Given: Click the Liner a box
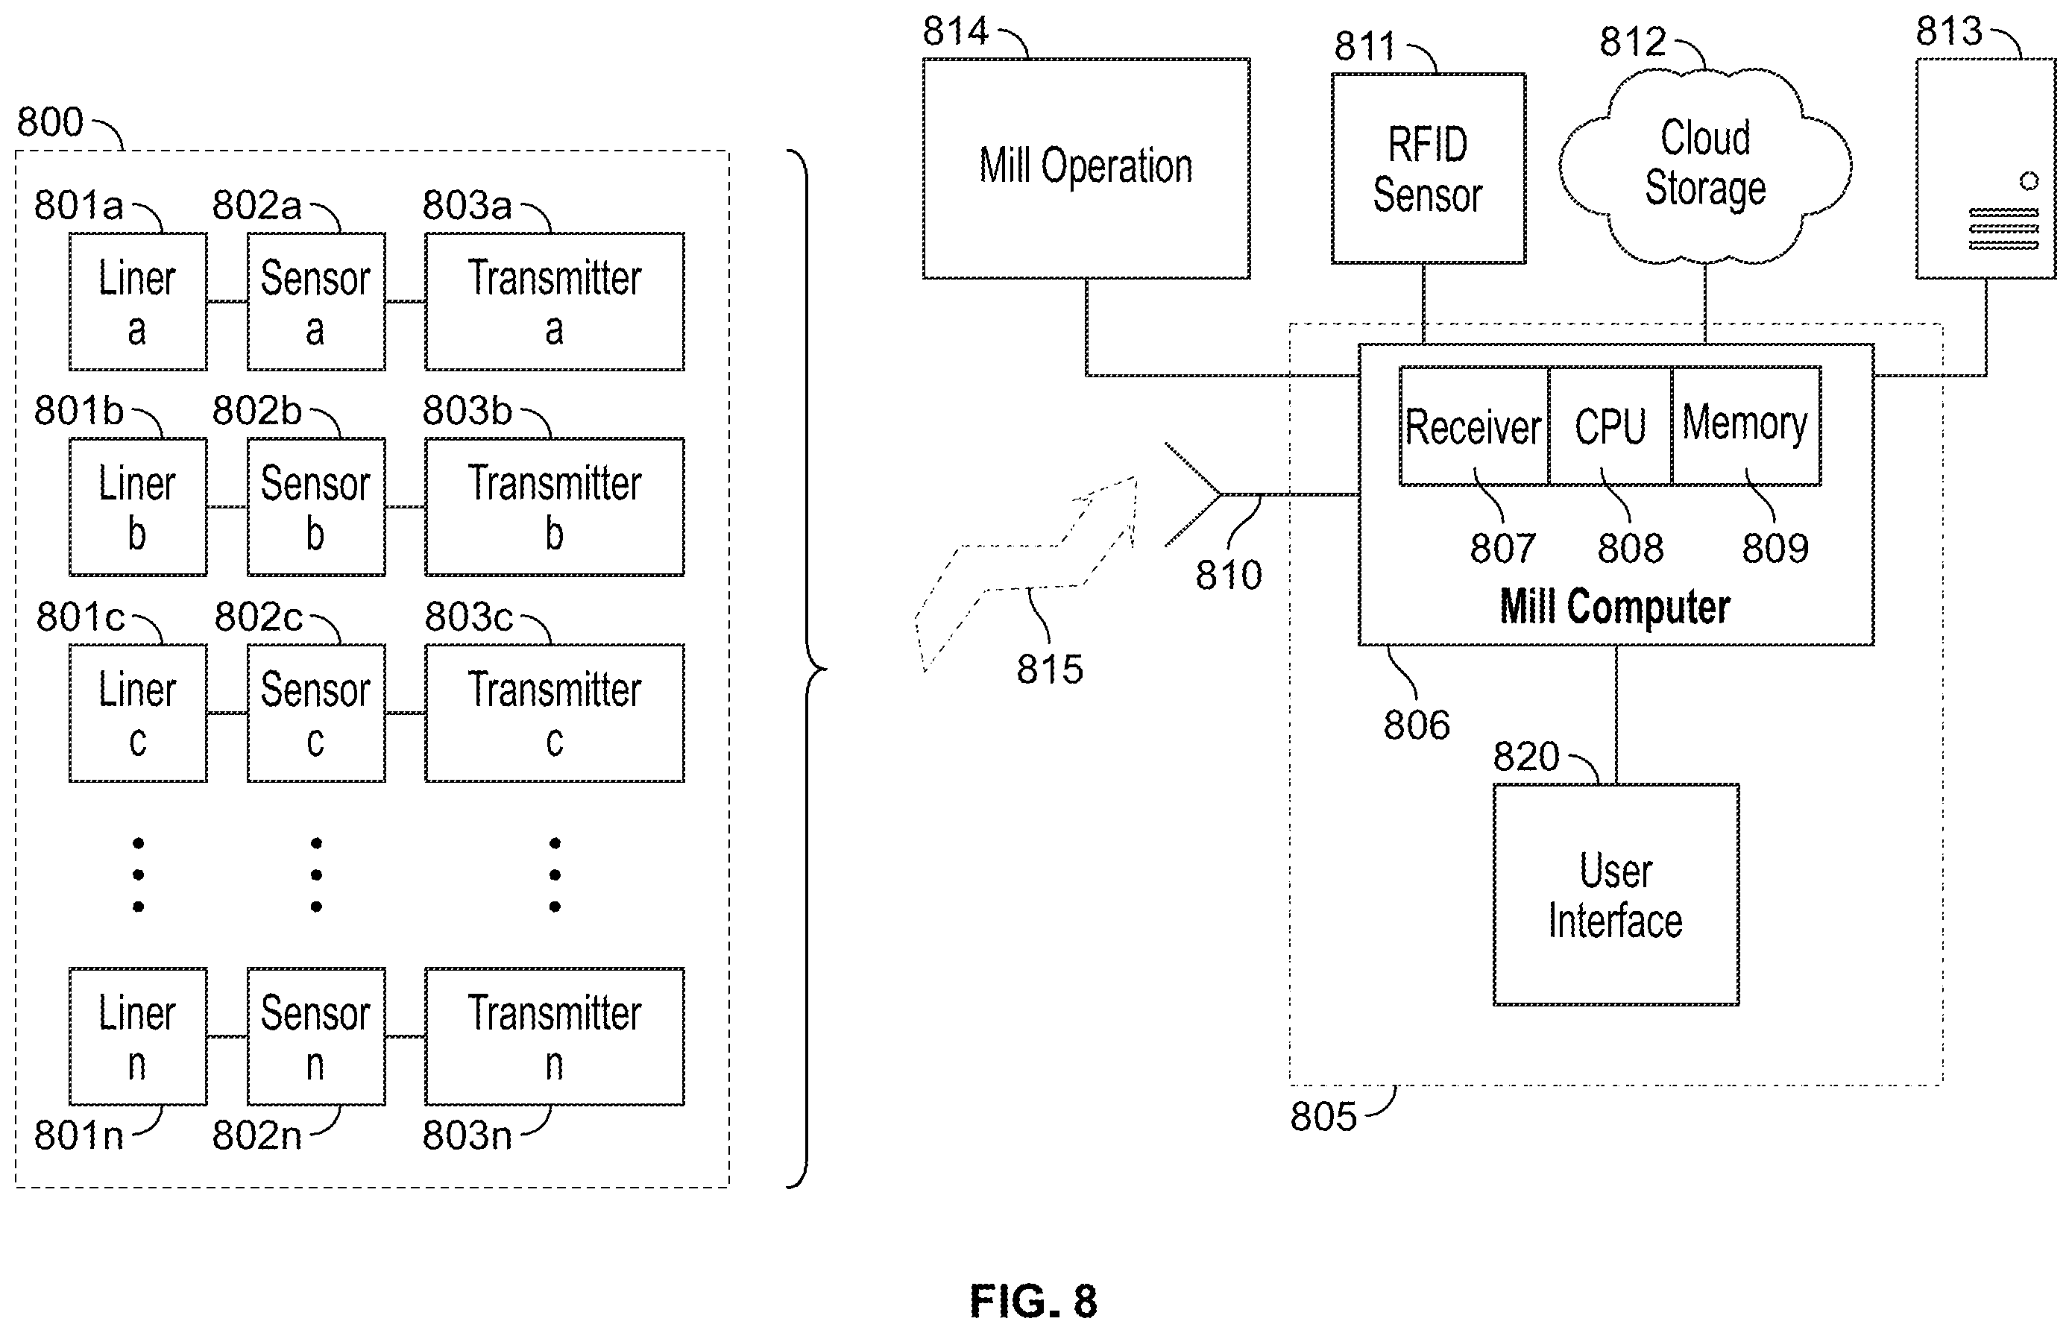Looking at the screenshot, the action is coord(138,301).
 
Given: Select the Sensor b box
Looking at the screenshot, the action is coord(316,506).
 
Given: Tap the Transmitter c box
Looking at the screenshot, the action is coord(554,713).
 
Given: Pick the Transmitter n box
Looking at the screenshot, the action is coord(554,1036).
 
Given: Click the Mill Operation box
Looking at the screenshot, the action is coord(1086,168).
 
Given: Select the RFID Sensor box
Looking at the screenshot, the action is coord(1428,168).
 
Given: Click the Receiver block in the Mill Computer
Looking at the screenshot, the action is coord(1474,426).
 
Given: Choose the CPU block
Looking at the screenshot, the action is coord(1610,426).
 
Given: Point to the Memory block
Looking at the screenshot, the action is coord(1745,426).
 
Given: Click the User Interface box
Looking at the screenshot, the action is coord(1616,894).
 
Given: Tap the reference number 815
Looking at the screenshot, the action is coord(1050,669).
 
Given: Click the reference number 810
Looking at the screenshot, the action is coord(1229,575).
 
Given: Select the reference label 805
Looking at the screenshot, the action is coord(1323,1117).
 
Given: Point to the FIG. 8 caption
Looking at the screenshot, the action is coord(1033,1301).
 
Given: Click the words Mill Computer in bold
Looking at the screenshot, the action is coord(1615,606).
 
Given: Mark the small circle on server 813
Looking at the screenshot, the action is coord(2029,181).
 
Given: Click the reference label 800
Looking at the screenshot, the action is coord(50,122).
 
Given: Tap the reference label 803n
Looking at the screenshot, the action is coord(467,1135).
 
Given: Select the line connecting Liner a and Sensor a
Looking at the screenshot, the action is coord(227,301).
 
